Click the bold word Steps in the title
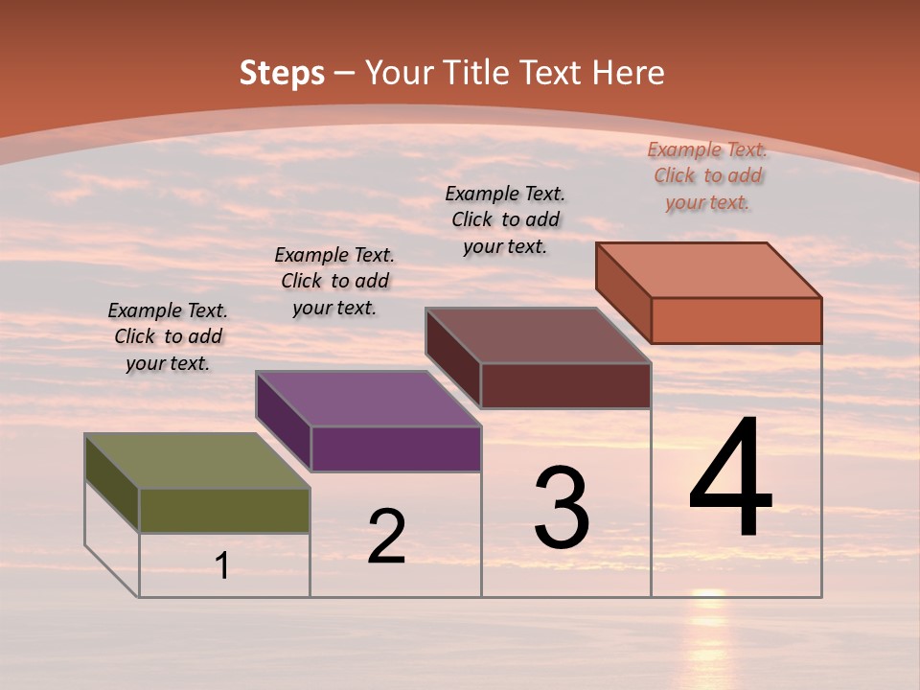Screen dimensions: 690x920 282,73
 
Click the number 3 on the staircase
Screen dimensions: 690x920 562,508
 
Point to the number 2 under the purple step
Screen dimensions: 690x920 386,536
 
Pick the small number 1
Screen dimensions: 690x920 222,565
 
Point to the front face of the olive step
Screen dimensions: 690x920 224,510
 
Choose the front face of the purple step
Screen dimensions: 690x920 396,448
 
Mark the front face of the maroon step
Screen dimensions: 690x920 565,385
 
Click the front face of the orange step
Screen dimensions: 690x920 736,320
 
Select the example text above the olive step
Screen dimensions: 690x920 168,336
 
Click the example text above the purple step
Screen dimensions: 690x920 334,281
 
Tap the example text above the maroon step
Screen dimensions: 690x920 505,219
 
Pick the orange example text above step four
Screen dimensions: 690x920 707,175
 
